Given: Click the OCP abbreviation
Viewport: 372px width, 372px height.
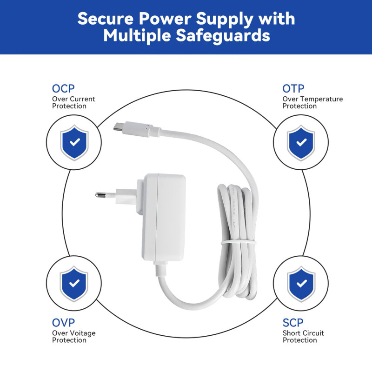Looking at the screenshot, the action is pyautogui.click(x=63, y=89).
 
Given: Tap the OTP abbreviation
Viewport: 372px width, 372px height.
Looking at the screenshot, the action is pyautogui.click(x=293, y=89).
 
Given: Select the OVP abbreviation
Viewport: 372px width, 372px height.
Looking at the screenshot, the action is pyautogui.click(x=63, y=323).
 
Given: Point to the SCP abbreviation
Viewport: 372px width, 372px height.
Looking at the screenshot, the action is pyautogui.click(x=293, y=323).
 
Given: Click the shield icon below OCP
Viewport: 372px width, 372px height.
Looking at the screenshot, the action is pyautogui.click(x=74, y=142).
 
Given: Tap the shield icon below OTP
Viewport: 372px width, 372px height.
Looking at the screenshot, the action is pyautogui.click(x=301, y=142).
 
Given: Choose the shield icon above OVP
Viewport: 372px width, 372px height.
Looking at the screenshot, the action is pyautogui.click(x=74, y=283).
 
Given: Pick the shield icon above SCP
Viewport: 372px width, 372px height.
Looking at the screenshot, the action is pyautogui.click(x=301, y=284).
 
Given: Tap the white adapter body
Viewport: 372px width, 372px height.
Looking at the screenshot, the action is pyautogui.click(x=164, y=217).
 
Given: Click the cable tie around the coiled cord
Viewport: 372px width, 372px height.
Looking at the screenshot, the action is pyautogui.click(x=238, y=243).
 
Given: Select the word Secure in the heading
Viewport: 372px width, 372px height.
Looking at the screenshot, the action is pyautogui.click(x=106, y=19).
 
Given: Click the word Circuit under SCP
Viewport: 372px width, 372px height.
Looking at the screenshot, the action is pyautogui.click(x=312, y=333).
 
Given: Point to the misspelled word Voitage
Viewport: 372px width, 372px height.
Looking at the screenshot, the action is pyautogui.click(x=83, y=333).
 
